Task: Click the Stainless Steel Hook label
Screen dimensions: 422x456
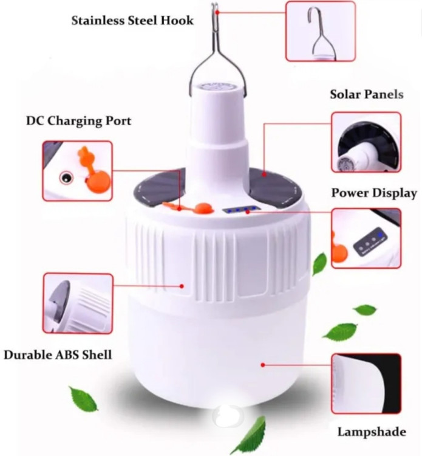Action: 132,21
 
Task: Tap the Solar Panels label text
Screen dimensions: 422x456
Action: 367,94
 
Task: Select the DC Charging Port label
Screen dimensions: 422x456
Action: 79,121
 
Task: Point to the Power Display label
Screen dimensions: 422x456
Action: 374,193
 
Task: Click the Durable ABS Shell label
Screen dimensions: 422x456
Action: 58,355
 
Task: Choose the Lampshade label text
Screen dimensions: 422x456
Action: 372,432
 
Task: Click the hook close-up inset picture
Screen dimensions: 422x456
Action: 321,31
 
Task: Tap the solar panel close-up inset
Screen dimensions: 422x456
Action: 366,142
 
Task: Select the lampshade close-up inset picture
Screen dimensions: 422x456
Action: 366,384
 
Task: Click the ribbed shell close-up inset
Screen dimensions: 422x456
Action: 78,303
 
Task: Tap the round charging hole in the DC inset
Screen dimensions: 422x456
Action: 66,178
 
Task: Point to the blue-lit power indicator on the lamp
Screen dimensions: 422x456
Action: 241,209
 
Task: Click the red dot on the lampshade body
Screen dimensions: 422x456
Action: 262,365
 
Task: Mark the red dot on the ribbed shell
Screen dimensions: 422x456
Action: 182,286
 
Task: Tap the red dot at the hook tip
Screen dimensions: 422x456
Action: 217,12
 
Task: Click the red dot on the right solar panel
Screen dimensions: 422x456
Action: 264,174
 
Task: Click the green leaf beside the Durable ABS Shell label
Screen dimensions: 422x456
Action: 83,398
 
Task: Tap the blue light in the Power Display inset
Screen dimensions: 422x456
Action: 379,234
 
